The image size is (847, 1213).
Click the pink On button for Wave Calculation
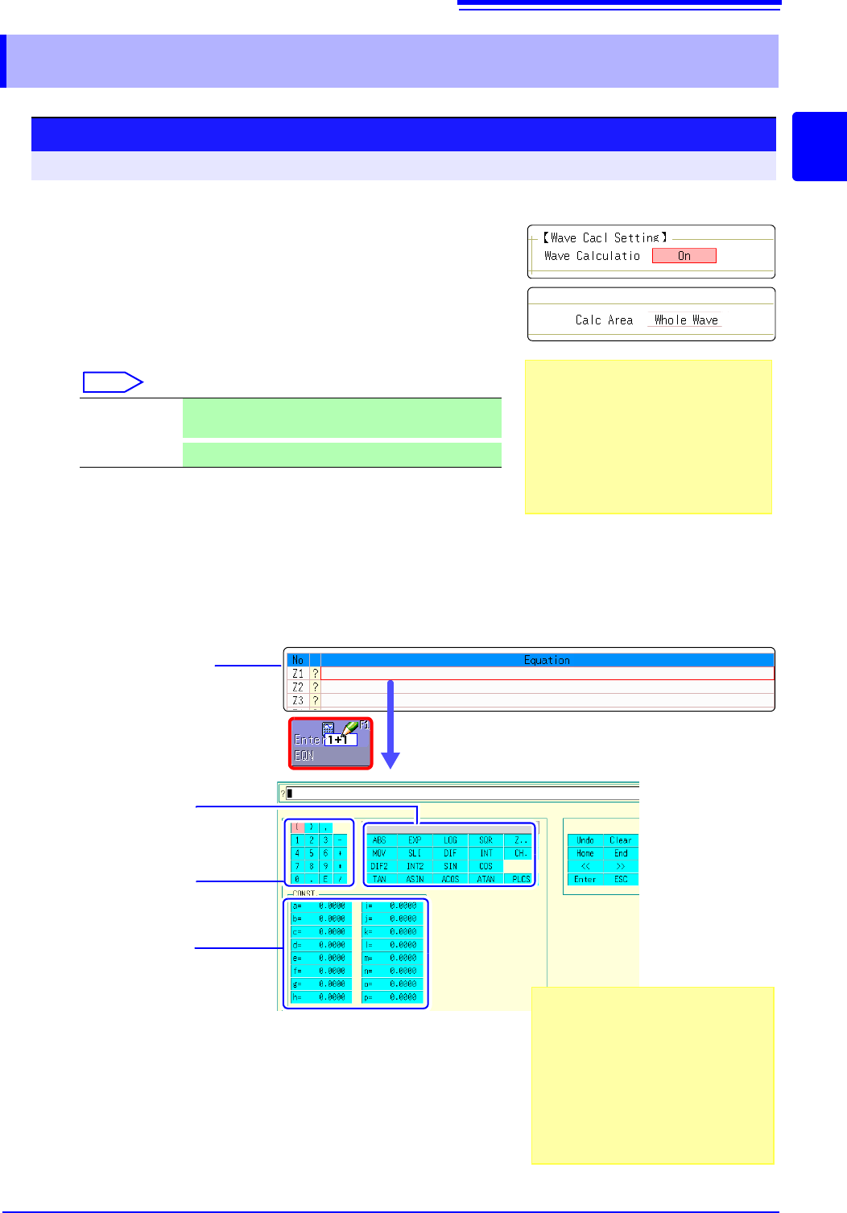pyautogui.click(x=684, y=256)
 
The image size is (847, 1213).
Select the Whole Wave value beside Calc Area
pyautogui.click(x=686, y=320)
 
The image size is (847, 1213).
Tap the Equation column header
pyautogui.click(x=547, y=660)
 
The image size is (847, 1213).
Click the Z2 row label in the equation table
pyautogui.click(x=298, y=687)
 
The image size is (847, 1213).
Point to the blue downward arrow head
pyautogui.click(x=390, y=760)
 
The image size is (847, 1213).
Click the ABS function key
pyautogui.click(x=379, y=840)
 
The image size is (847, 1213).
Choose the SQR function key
pyautogui.click(x=485, y=840)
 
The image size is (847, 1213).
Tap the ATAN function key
pyautogui.click(x=485, y=879)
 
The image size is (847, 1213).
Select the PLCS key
pyautogui.click(x=521, y=879)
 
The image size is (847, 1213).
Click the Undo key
pyautogui.click(x=585, y=840)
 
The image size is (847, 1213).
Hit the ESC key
pyautogui.click(x=621, y=879)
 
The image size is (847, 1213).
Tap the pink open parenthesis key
pyautogui.click(x=296, y=827)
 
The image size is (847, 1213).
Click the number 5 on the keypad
pyautogui.click(x=312, y=853)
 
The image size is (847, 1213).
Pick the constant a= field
pyautogui.click(x=320, y=906)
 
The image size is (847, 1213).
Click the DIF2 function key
pyautogui.click(x=379, y=866)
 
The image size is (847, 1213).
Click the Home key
pyautogui.click(x=585, y=853)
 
